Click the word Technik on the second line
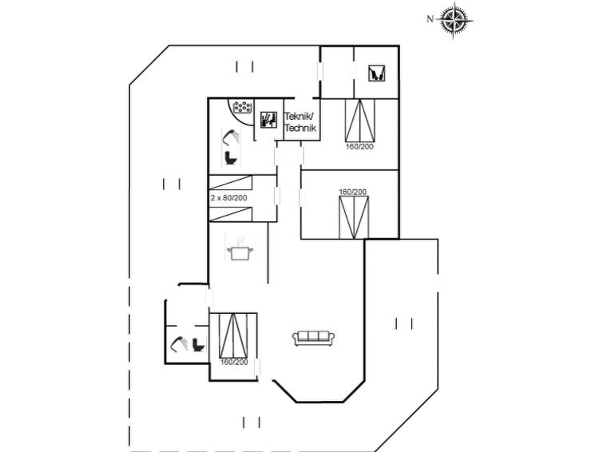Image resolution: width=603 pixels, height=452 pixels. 301,128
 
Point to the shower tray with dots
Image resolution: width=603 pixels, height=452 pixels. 240,108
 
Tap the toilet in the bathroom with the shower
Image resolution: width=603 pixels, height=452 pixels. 232,157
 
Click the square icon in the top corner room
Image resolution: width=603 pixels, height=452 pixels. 375,74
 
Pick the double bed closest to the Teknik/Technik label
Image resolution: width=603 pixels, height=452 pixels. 359,120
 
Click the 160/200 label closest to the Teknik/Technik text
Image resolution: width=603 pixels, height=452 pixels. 359,146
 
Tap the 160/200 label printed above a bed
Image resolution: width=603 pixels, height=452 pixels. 353,192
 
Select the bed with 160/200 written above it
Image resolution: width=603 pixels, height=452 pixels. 353,216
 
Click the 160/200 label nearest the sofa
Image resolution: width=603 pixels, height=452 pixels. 234,362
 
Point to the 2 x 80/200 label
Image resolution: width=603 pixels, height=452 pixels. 229,196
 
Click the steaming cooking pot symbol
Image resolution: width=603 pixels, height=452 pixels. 238,249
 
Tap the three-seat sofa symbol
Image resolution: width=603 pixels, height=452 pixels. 314,338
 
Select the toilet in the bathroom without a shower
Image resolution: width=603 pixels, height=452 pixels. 197,344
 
